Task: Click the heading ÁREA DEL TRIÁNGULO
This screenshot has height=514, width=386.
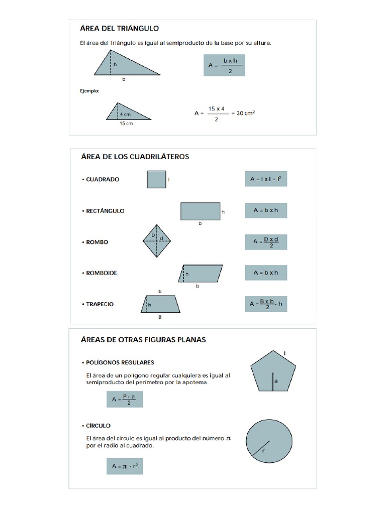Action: (120, 29)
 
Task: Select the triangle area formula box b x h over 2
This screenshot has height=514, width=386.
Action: (224, 65)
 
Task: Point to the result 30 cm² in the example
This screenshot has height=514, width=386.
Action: (245, 113)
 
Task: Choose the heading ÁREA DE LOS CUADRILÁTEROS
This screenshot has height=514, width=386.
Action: (135, 157)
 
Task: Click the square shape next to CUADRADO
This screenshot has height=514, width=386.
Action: (156, 179)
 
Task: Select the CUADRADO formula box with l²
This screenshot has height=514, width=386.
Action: (266, 179)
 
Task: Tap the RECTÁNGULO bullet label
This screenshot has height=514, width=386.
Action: (105, 211)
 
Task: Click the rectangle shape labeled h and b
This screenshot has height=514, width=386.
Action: (200, 211)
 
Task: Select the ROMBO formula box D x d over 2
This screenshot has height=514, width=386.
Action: (266, 242)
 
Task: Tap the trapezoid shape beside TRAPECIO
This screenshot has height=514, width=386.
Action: (160, 304)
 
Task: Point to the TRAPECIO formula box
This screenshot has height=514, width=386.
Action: (266, 304)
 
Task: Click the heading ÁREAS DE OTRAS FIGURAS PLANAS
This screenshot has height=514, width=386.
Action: (143, 340)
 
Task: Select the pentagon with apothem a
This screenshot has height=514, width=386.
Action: (273, 375)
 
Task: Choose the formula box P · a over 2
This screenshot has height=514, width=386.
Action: (125, 400)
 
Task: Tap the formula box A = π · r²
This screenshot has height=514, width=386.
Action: (125, 466)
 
